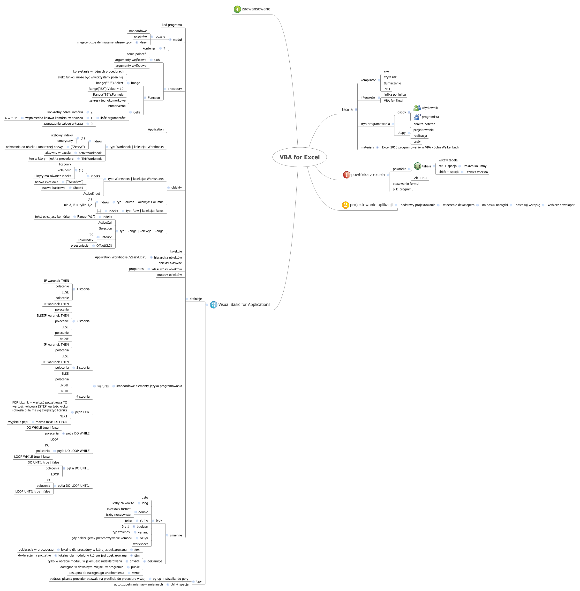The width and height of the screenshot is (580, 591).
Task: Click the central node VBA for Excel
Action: (x=300, y=157)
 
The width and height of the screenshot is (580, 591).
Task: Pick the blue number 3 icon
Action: (x=214, y=305)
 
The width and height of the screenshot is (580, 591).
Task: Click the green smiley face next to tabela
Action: (x=417, y=166)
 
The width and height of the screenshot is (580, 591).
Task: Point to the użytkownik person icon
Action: (x=417, y=108)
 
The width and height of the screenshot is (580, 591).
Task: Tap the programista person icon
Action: (x=417, y=117)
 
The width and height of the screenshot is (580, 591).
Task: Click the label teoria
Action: (x=347, y=110)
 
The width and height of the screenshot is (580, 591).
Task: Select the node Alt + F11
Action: (x=421, y=178)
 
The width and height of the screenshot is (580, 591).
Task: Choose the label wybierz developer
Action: (x=561, y=205)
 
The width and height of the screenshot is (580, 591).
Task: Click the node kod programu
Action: (x=172, y=25)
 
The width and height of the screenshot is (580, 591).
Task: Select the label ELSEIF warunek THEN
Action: (x=53, y=316)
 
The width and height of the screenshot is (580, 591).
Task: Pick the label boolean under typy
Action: (x=142, y=527)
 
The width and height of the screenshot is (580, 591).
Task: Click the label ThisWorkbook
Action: (x=91, y=159)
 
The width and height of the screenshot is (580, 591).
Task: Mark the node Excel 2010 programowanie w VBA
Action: (x=420, y=147)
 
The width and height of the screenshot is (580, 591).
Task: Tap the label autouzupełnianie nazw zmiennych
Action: (x=138, y=584)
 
